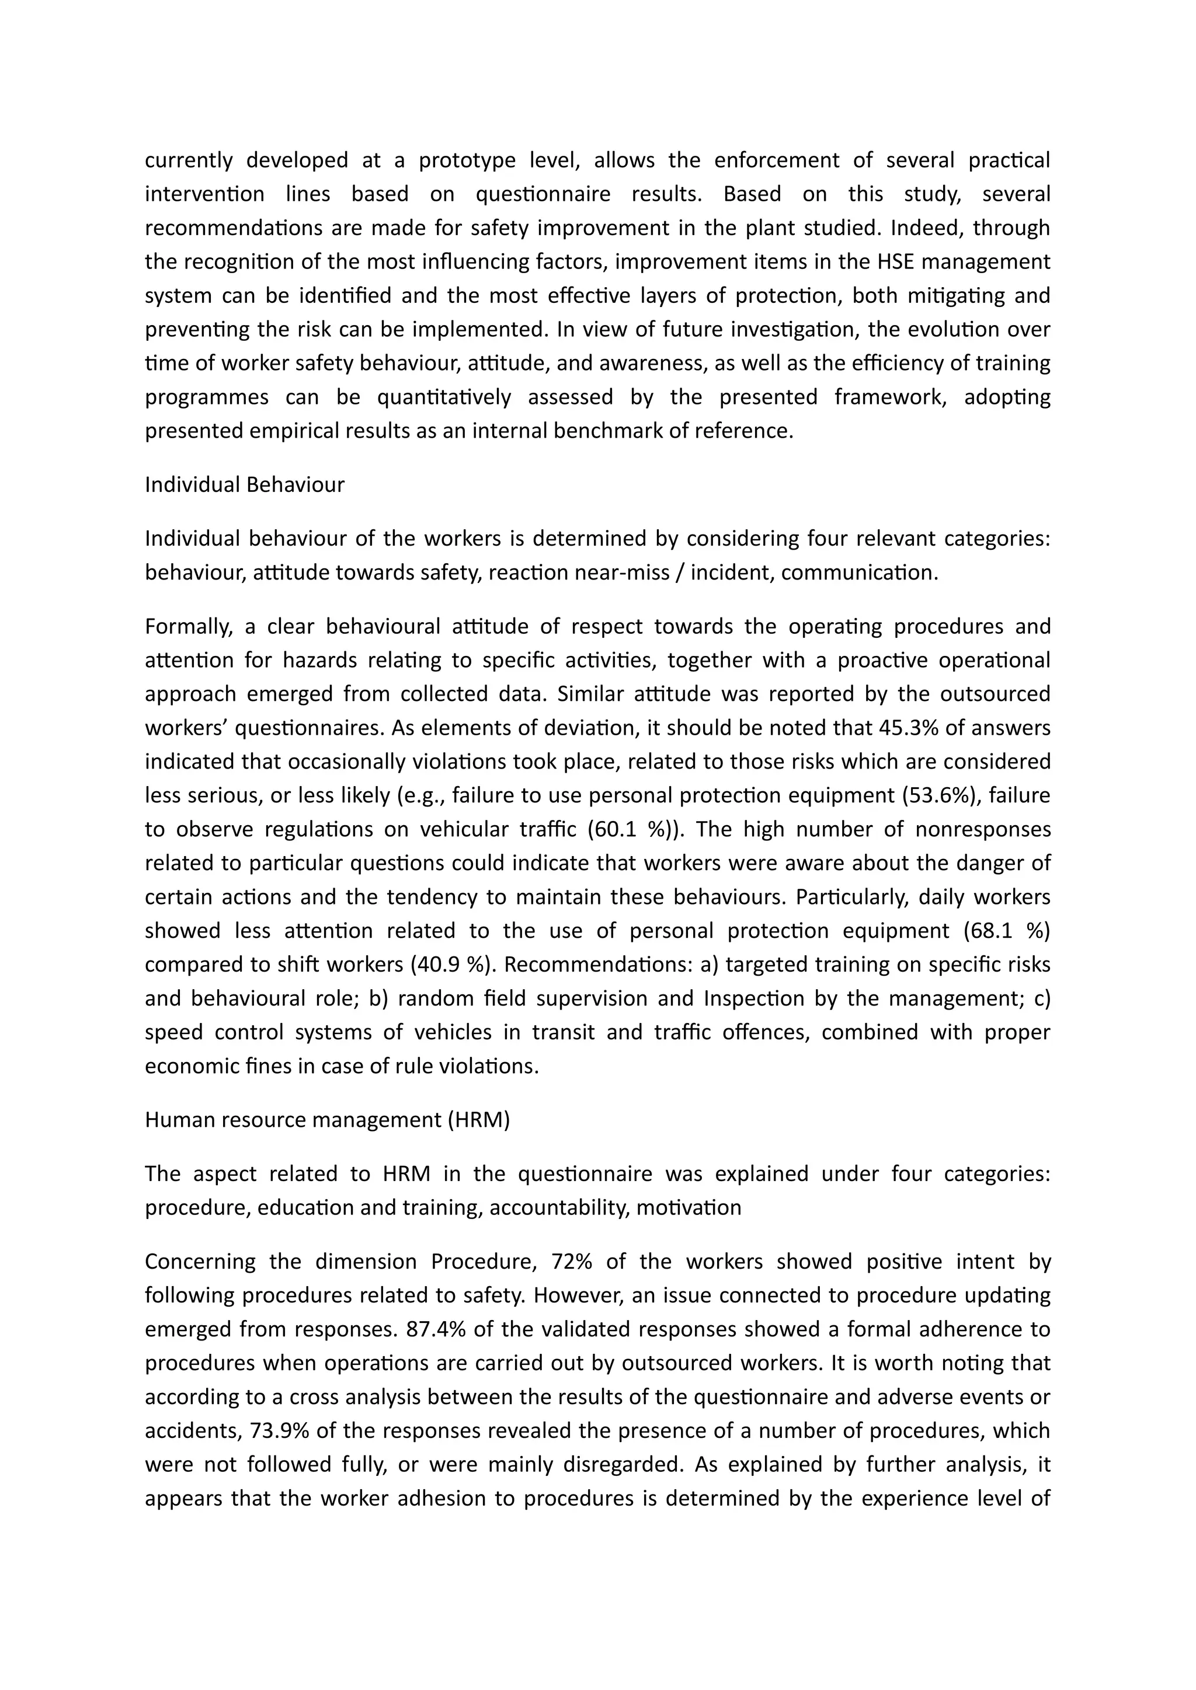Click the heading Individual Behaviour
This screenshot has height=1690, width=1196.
(x=245, y=485)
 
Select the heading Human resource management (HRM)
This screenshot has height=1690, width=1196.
(x=327, y=1120)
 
